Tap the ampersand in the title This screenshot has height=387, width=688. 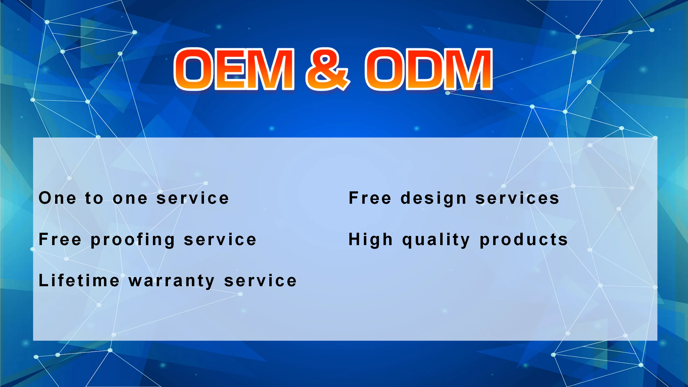[328, 69]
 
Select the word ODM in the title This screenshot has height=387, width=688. [429, 69]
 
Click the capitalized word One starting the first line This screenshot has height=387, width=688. [58, 198]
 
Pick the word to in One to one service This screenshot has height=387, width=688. [94, 198]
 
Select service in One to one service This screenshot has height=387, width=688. [192, 198]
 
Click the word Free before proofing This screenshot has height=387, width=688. [60, 239]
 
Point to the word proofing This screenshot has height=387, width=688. [133, 240]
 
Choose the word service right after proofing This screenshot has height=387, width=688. [220, 239]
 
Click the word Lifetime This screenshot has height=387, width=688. [79, 280]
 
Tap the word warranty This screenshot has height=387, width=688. [171, 281]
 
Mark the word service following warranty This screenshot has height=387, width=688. [260, 280]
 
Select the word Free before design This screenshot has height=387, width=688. [370, 198]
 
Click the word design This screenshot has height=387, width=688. [433, 199]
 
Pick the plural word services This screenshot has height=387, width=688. [517, 198]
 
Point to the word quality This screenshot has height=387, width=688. [436, 240]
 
